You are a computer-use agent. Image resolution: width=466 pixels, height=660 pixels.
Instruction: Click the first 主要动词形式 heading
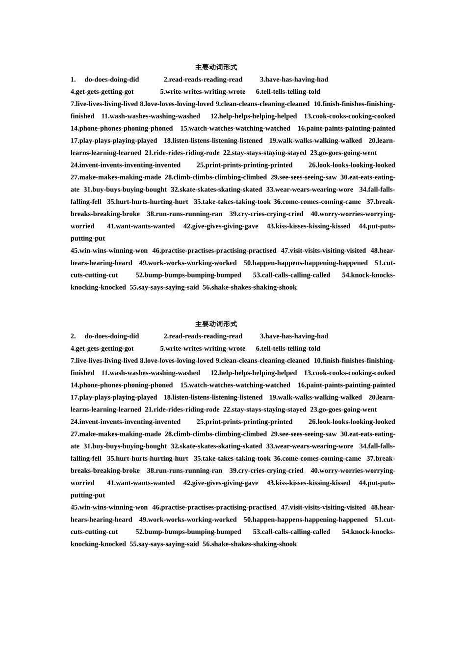[216, 67]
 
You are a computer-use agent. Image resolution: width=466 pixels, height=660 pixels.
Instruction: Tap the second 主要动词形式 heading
[216, 324]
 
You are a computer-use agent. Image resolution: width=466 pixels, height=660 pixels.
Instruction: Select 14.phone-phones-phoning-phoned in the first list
[122, 129]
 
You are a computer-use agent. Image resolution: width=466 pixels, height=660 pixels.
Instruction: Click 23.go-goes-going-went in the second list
[343, 410]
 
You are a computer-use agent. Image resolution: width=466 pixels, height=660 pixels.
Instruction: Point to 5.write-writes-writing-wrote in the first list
[203, 92]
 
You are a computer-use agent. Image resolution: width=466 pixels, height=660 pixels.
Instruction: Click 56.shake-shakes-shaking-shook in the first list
[249, 288]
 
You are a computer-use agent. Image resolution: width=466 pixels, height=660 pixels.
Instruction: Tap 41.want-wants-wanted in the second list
[141, 483]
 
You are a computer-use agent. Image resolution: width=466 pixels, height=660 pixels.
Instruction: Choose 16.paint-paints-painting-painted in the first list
[346, 129]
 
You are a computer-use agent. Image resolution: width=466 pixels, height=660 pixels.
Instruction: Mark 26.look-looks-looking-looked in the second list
[352, 422]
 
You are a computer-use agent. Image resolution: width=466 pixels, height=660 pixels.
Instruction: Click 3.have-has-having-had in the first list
[294, 80]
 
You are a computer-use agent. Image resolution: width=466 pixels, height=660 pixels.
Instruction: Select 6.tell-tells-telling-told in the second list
[288, 349]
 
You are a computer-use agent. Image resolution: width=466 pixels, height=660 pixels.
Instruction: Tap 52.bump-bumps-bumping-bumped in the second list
[188, 532]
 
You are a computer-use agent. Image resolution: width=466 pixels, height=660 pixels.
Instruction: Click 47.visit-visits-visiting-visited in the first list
[323, 251]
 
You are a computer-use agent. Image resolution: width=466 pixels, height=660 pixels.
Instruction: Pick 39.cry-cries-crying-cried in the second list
[266, 471]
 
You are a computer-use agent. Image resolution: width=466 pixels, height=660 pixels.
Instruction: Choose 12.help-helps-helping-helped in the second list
[254, 373]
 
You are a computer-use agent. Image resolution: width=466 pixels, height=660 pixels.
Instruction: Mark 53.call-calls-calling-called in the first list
[291, 275]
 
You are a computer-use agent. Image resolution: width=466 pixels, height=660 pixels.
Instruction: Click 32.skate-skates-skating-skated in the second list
[216, 446]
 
